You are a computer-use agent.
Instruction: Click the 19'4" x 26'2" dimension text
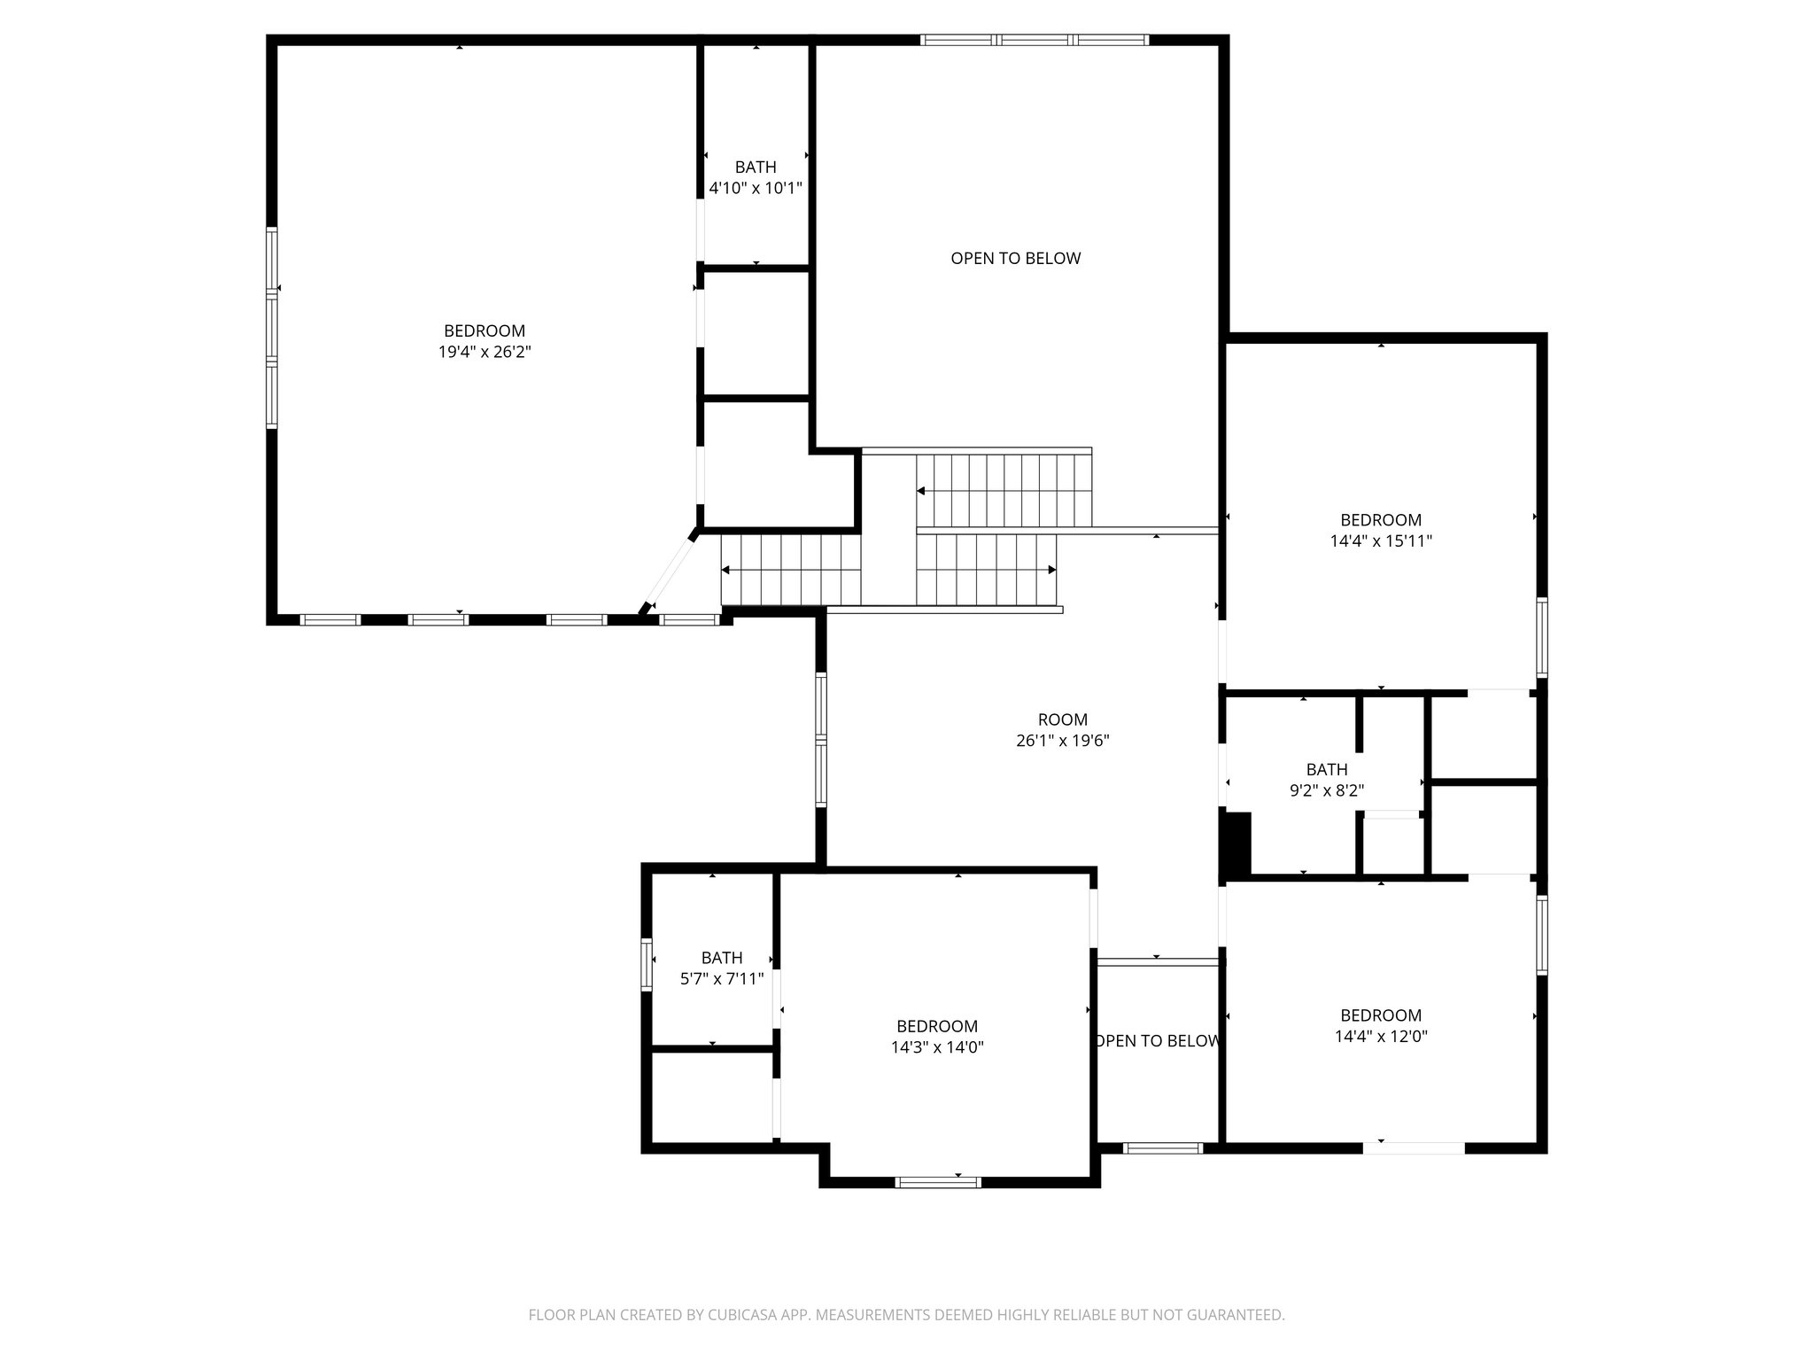pos(485,352)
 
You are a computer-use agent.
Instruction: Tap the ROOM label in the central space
pos(1062,719)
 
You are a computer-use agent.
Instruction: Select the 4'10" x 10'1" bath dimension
pos(756,188)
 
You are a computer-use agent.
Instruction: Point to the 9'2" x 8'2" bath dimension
pos(1326,790)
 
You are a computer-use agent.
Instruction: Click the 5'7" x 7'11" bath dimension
pos(722,979)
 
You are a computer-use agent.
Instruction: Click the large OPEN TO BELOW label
pos(1015,258)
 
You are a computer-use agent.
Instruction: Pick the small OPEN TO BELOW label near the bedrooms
pos(1158,1041)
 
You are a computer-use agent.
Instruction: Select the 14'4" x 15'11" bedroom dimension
pos(1380,541)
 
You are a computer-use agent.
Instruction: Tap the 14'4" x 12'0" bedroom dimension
pos(1380,1036)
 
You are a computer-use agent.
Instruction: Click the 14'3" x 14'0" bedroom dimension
pos(937,1046)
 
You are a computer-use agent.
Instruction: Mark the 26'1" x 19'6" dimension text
pos(1062,741)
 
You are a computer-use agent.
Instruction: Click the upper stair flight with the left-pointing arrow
pos(1004,490)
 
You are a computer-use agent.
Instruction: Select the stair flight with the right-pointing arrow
pos(986,569)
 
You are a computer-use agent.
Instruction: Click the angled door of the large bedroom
pos(670,572)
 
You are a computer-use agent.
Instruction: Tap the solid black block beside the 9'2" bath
pos(1236,844)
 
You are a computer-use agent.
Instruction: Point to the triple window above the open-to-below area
pos(1034,40)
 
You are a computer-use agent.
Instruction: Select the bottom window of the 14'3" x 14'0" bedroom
pos(938,1181)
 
